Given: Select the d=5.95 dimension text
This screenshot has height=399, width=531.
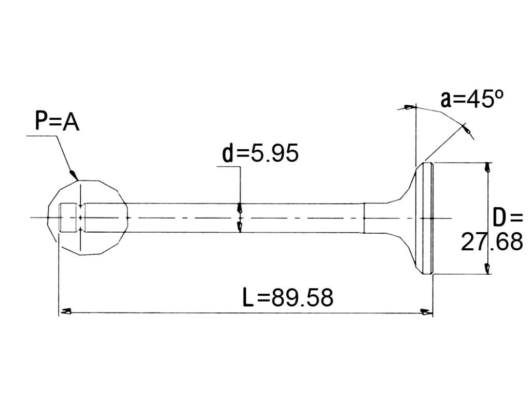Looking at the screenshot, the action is pos(260,153).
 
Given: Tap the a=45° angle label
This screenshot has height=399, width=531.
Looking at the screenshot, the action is pos(472,99).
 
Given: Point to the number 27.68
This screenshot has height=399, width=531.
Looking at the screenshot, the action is pos(492,242).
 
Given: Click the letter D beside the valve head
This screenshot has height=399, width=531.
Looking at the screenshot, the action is pos(499,218).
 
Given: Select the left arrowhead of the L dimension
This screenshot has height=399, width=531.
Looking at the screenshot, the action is pos(65,312).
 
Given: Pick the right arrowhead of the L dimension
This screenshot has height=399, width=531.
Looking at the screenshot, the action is pos(426,312).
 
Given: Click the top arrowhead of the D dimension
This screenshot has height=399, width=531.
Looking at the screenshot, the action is pos(487,168).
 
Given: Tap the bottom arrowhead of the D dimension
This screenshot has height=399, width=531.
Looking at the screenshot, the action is pos(487,268).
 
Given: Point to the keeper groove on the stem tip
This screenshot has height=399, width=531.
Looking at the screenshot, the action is pos(80,218).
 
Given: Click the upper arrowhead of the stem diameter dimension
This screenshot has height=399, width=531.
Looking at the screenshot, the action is pos(240,207).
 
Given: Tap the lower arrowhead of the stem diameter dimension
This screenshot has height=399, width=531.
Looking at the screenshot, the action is pos(240,227).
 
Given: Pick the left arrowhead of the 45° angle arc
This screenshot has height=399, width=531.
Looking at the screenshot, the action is pos(409,108).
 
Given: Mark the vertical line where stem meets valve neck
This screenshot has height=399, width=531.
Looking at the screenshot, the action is pos(364,218).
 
